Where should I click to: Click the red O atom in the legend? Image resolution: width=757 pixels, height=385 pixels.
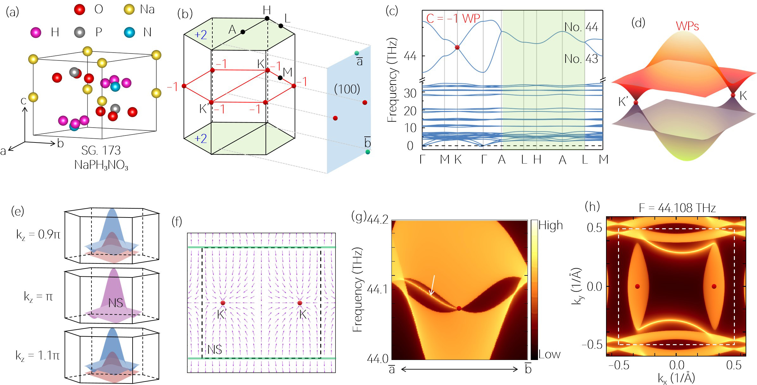click(x=79, y=9)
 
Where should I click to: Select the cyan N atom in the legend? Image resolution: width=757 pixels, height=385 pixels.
click(x=129, y=32)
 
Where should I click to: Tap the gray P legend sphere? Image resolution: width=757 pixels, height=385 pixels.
click(x=79, y=32)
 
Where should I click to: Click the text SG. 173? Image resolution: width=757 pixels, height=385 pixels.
click(x=101, y=150)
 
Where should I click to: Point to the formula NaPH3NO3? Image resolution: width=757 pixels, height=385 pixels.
click(x=101, y=165)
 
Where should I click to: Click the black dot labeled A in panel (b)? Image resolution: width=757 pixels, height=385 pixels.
click(x=243, y=32)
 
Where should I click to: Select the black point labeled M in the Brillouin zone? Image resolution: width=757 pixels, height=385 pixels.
click(x=280, y=78)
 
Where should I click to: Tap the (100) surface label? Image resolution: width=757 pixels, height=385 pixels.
click(x=347, y=89)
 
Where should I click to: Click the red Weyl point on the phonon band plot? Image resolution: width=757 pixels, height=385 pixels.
click(x=457, y=47)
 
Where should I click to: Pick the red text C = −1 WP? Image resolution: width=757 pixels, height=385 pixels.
click(x=453, y=18)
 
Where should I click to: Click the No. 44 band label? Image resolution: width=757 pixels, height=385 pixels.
click(x=581, y=27)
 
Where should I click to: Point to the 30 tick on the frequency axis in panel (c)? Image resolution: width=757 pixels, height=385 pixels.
click(x=410, y=93)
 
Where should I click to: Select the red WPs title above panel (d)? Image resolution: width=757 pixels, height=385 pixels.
click(x=687, y=26)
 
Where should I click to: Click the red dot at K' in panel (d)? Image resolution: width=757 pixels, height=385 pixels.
click(x=636, y=103)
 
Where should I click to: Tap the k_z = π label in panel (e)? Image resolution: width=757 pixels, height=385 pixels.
click(x=38, y=297)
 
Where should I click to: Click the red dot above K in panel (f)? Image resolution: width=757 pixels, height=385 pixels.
click(x=300, y=303)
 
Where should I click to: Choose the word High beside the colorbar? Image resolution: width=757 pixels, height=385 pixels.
click(x=551, y=225)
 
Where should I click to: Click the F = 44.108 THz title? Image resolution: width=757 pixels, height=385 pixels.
click(x=677, y=208)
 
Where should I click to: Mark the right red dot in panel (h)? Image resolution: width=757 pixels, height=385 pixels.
click(x=714, y=287)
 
